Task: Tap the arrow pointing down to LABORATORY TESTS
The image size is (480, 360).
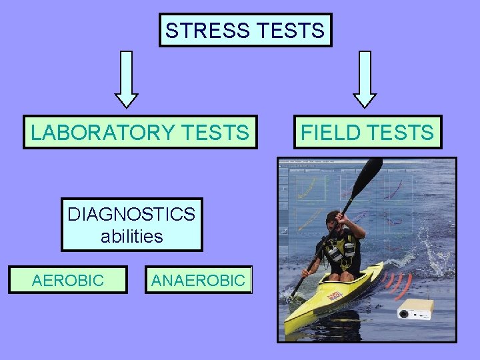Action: pyautogui.click(x=127, y=79)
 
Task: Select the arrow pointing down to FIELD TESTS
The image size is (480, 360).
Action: pyautogui.click(x=365, y=79)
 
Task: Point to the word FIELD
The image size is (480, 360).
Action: pyautogui.click(x=331, y=132)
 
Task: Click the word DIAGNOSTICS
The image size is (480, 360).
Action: pyautogui.click(x=131, y=215)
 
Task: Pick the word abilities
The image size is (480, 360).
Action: pyautogui.click(x=131, y=236)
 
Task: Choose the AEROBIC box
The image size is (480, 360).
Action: pyautogui.click(x=68, y=280)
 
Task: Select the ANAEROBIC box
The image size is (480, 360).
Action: pyautogui.click(x=198, y=280)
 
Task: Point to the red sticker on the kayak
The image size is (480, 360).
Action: pyautogui.click(x=335, y=293)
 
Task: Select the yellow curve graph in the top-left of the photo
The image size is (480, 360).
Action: pyautogui.click(x=306, y=186)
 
